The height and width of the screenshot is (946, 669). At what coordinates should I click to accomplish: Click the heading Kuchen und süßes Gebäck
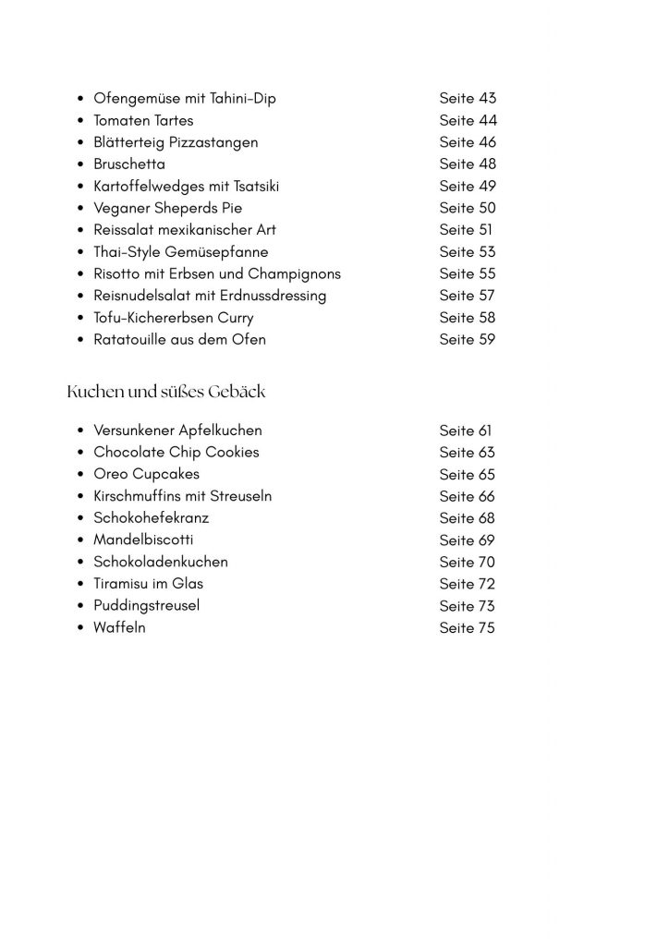point(166,392)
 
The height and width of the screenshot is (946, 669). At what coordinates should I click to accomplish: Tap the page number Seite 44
point(468,120)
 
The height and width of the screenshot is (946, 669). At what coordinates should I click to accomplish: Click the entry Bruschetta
point(129,164)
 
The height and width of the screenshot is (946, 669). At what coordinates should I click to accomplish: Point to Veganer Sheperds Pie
point(167,208)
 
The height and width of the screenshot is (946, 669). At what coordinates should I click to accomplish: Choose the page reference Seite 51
point(467,230)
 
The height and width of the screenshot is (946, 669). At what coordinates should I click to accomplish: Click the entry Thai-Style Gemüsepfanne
point(181,252)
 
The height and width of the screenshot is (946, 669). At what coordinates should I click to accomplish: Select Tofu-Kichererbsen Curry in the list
point(174,318)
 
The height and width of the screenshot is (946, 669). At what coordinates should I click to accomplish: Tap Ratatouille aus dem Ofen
point(179,340)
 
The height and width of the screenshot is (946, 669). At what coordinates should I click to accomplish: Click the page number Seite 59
point(468,340)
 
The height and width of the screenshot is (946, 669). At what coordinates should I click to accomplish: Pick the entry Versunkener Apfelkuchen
point(177,431)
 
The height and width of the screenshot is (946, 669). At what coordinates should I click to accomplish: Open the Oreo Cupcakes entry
point(146,475)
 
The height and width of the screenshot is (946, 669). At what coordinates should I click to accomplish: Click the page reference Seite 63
point(468,453)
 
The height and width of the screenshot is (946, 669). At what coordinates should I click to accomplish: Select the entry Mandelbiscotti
point(143,540)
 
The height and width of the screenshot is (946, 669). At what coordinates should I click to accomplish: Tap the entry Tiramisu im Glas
point(148,584)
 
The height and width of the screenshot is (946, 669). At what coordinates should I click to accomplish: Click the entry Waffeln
point(119,628)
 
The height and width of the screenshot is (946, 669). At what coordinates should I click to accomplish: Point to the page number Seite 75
point(468,628)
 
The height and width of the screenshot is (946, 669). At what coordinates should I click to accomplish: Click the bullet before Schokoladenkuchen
point(81,563)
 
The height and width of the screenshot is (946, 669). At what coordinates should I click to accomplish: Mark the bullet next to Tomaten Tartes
point(81,121)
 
